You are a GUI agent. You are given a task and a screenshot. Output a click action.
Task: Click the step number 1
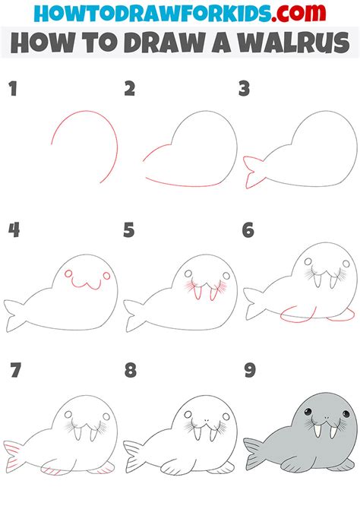(x=12, y=90)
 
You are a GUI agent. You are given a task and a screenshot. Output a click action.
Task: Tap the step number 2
(x=130, y=90)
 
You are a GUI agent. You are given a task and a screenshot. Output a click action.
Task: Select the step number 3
(x=244, y=90)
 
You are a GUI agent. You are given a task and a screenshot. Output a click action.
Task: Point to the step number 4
(x=13, y=229)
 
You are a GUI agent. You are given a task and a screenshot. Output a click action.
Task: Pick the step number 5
(x=130, y=229)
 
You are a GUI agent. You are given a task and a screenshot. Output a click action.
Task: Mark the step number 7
(x=13, y=370)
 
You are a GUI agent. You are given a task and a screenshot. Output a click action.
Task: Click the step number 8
(x=130, y=370)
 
